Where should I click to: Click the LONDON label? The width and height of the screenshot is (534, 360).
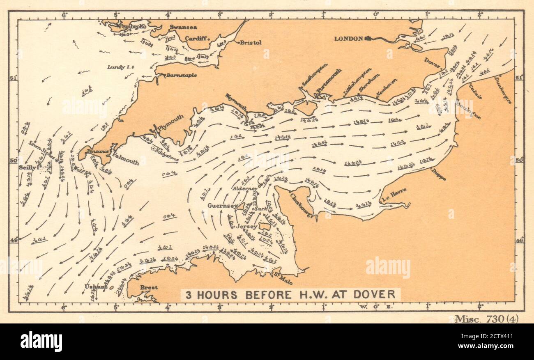click(x=348, y=39)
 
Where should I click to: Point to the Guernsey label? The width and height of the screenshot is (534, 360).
click(x=222, y=206)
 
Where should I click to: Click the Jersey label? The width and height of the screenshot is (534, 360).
click(x=246, y=226)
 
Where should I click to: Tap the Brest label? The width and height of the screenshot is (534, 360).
click(x=148, y=287)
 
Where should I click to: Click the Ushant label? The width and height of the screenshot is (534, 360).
click(x=92, y=287)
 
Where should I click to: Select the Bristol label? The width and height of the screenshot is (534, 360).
click(x=251, y=42)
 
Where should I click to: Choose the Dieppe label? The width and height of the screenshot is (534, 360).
click(x=438, y=175)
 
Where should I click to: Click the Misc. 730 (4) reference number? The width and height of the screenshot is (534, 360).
click(x=486, y=319)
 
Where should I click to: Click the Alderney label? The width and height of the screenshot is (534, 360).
click(x=245, y=188)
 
